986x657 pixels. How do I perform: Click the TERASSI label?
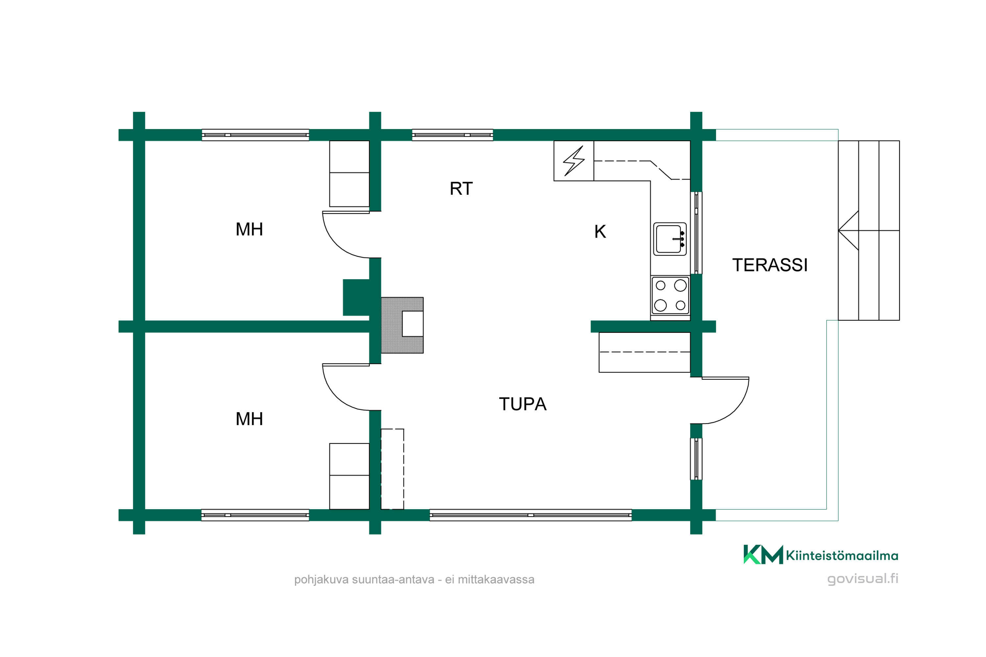click(x=770, y=265)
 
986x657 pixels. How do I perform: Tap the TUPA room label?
click(x=523, y=404)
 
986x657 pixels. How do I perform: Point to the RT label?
click(x=461, y=189)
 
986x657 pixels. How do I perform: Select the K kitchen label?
click(x=600, y=231)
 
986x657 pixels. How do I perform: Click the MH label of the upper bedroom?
click(x=249, y=229)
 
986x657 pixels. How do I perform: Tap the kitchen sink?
click(x=670, y=239)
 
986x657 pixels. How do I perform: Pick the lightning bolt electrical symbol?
click(x=574, y=161)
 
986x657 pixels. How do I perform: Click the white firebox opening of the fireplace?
click(x=412, y=324)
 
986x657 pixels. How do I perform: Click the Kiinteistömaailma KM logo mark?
click(x=763, y=555)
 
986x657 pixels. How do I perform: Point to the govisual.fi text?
click(x=862, y=578)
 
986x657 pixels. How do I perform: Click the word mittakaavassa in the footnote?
click(x=496, y=579)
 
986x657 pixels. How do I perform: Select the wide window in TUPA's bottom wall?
click(x=531, y=515)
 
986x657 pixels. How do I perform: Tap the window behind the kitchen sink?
click(x=696, y=233)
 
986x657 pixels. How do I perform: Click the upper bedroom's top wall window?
click(x=255, y=135)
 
